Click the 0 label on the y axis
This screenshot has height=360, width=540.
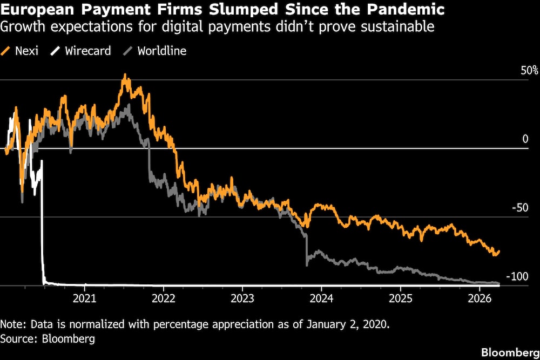click(x=525, y=139)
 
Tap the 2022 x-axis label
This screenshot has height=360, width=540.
click(x=163, y=298)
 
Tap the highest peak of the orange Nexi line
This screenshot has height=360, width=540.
click(x=125, y=75)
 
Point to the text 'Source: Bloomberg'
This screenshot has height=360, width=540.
click(x=48, y=339)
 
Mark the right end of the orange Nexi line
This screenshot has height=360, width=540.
click(x=499, y=251)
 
